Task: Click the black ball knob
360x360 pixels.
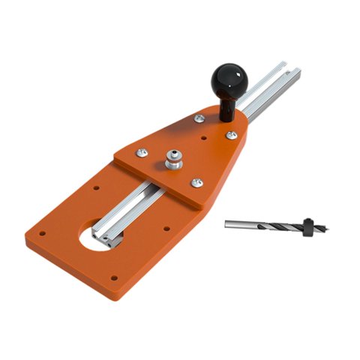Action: point(230,78)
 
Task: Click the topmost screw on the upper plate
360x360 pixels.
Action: point(199,118)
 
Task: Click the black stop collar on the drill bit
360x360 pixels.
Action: point(307,223)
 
